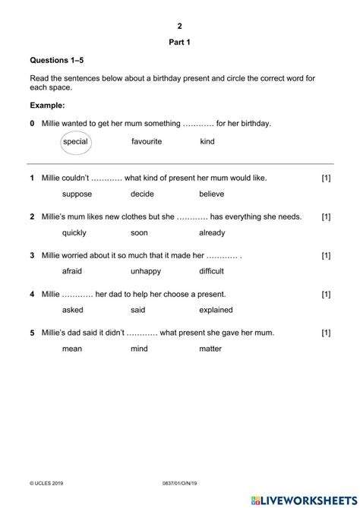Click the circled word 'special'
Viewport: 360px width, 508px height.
coord(76,141)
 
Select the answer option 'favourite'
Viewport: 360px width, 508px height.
coord(147,141)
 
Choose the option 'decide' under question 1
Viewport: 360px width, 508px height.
coord(142,194)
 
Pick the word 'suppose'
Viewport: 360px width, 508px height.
coord(77,194)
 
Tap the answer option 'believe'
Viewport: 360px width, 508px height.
coord(212,194)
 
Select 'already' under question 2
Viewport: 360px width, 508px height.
coord(212,232)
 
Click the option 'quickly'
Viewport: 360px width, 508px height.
coord(74,232)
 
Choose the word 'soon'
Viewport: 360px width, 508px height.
coord(139,232)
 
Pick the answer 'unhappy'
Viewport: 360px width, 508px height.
coord(146,271)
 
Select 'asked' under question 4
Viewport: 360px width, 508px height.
coord(72,310)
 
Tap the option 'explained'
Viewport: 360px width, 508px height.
coord(216,310)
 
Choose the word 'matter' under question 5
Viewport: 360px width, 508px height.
coord(210,349)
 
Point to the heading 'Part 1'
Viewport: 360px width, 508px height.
coord(179,43)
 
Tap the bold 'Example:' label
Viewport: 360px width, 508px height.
coord(47,106)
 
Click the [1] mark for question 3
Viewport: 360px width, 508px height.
coord(326,255)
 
